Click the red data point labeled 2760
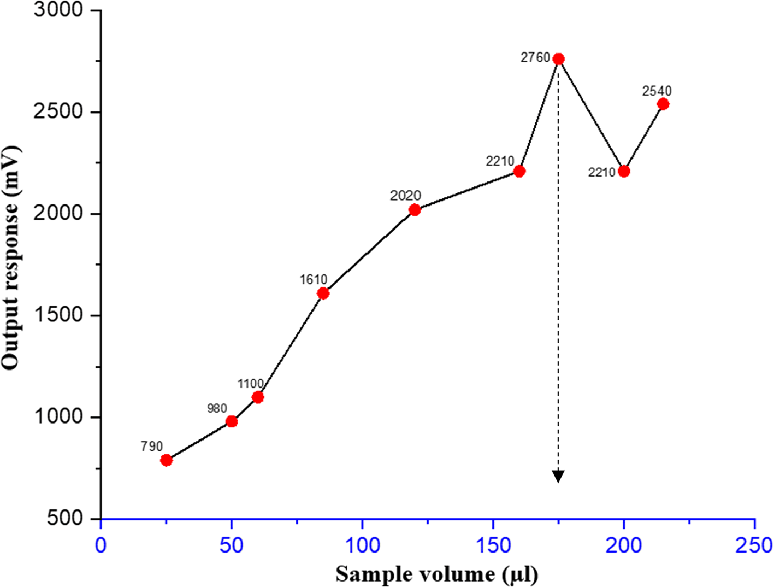558,59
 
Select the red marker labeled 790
167,460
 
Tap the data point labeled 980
232,421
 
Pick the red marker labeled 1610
323,293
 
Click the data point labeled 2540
663,104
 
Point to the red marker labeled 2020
415,210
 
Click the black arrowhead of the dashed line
558,477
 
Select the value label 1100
250,384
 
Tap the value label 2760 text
535,57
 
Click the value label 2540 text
657,91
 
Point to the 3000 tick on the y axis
58,10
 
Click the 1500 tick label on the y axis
58,315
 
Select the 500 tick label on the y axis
64,519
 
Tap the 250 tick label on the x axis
754,545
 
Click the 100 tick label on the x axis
363,545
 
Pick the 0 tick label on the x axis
101,545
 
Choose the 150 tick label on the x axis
493,545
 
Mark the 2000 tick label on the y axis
58,213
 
